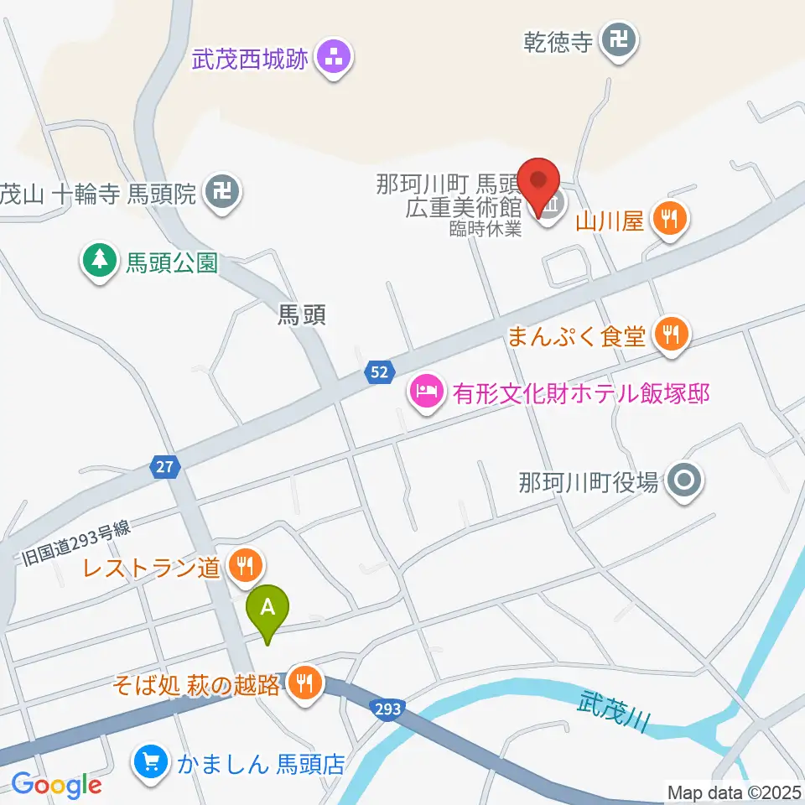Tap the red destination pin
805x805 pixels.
point(538,184)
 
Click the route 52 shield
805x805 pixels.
point(380,372)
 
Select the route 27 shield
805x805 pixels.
point(166,466)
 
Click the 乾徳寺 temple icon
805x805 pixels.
point(621,41)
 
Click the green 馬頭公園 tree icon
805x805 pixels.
point(100,262)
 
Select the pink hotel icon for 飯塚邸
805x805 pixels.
point(426,392)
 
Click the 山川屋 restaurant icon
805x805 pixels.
point(669,221)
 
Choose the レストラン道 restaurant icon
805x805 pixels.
point(244,568)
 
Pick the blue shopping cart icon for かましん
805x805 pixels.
point(152,763)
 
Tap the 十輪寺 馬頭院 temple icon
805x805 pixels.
point(224,194)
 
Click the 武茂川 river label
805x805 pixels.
point(615,710)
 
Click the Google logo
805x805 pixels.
point(56,786)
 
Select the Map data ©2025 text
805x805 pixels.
point(734,791)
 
